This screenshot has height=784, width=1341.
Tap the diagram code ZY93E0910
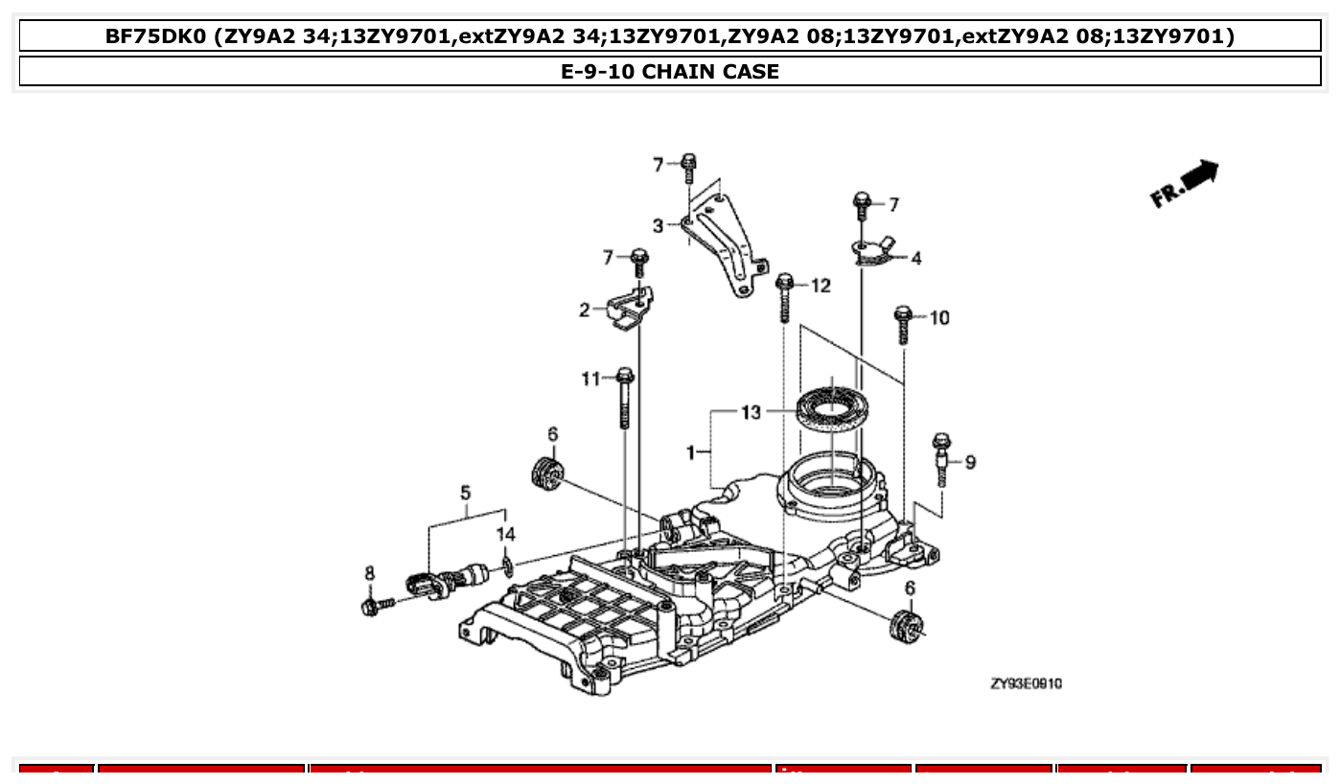pyautogui.click(x=1026, y=683)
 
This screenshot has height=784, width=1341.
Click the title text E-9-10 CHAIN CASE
pyautogui.click(x=670, y=72)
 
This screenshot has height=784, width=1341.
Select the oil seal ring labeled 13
pyautogui.click(x=831, y=406)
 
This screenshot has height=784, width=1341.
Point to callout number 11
pyautogui.click(x=590, y=379)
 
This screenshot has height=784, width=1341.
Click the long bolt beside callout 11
pyautogui.click(x=625, y=398)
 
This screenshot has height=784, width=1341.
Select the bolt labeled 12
pyautogui.click(x=785, y=296)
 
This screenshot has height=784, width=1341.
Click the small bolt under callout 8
pyautogui.click(x=375, y=606)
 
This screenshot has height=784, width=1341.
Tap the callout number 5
pyautogui.click(x=465, y=493)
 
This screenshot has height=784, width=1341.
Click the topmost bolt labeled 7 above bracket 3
pyautogui.click(x=688, y=168)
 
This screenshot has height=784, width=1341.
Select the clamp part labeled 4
pyautogui.click(x=873, y=252)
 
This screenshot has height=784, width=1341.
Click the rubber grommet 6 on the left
pyautogui.click(x=548, y=473)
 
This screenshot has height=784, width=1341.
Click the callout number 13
pyautogui.click(x=751, y=412)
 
